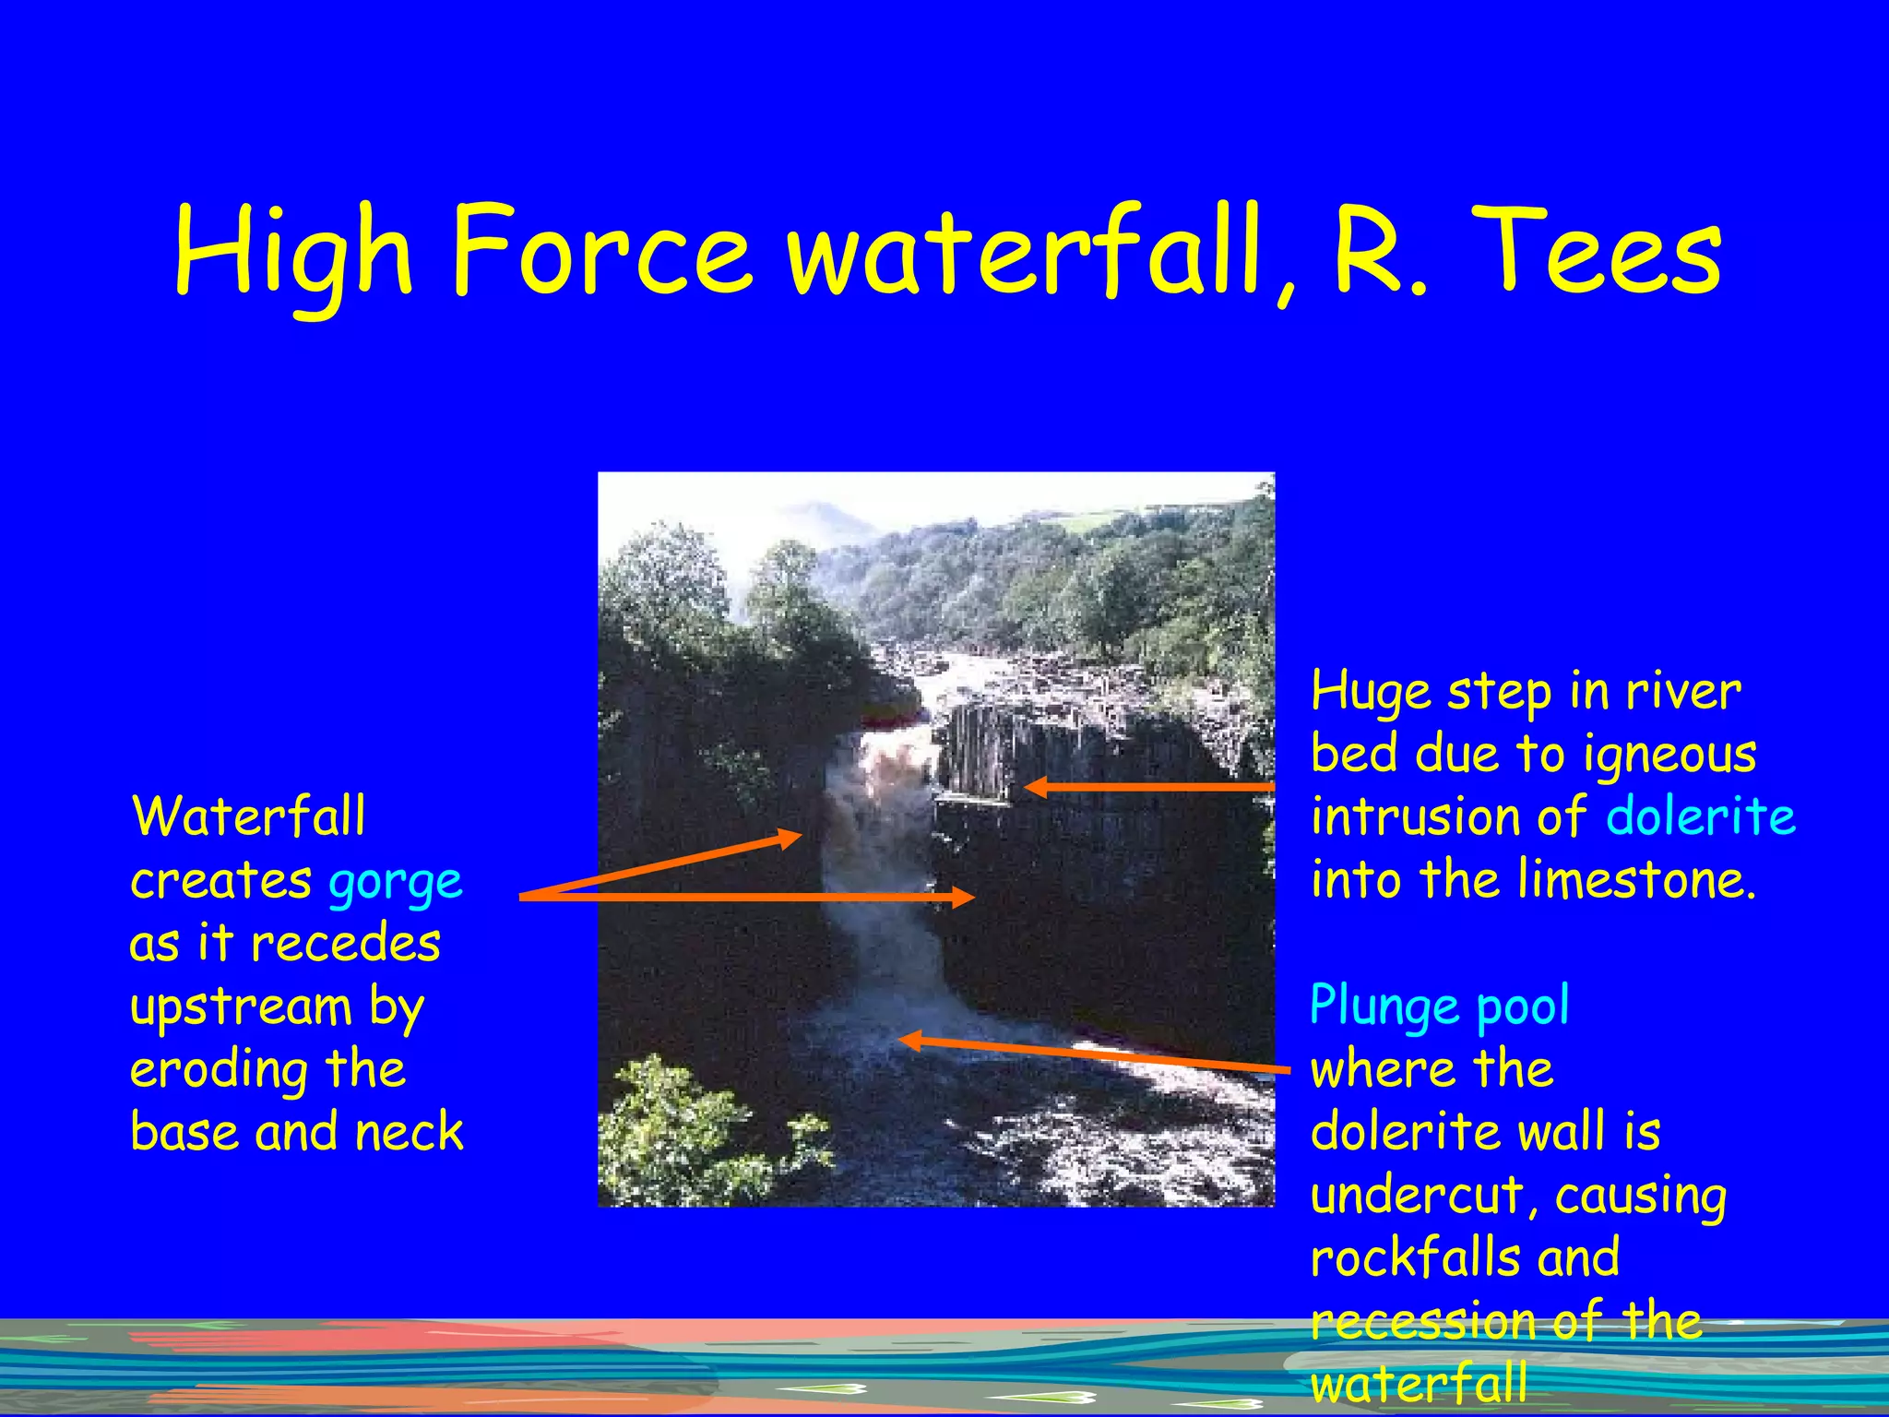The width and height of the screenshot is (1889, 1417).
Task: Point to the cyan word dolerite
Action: click(x=1700, y=817)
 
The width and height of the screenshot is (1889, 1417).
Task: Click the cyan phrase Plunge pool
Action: click(x=1439, y=1006)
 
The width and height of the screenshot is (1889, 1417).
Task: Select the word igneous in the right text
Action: click(x=1669, y=755)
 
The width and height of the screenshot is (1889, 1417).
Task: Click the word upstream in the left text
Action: click(x=241, y=1007)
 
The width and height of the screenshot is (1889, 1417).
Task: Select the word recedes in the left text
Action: click(x=345, y=944)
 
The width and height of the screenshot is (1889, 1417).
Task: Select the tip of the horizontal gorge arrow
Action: click(x=972, y=896)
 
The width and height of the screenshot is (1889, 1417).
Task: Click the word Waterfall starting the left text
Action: click(x=248, y=817)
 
